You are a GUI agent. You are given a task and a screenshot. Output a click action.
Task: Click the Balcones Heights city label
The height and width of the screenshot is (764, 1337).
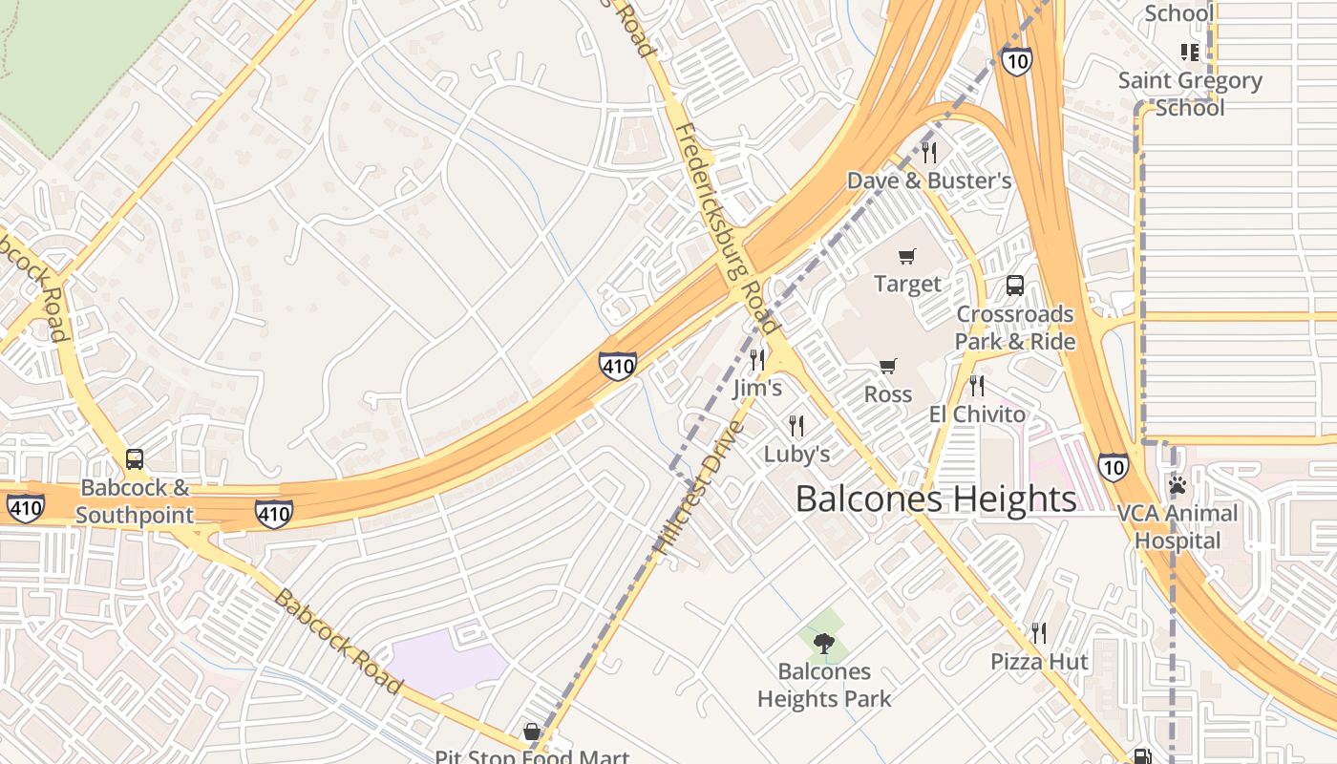(x=935, y=499)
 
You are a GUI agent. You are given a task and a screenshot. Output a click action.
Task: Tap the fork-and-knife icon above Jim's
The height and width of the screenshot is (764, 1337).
(x=757, y=360)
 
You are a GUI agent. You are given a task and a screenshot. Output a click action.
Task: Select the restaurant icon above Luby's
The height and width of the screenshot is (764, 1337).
(x=796, y=425)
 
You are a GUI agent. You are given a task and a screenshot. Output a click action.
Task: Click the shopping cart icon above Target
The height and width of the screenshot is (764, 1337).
(x=907, y=256)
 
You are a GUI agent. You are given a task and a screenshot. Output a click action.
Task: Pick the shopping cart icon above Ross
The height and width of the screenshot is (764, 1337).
(x=888, y=366)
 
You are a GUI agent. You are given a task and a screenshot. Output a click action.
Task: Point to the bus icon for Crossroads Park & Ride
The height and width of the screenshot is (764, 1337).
(x=1014, y=286)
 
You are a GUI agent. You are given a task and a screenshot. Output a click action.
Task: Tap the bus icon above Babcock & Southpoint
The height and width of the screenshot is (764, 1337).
(x=135, y=459)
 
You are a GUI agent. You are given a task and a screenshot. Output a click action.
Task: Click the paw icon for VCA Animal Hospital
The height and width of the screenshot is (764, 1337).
(x=1177, y=485)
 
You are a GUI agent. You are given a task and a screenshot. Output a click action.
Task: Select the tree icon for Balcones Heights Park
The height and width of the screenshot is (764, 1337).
(x=824, y=643)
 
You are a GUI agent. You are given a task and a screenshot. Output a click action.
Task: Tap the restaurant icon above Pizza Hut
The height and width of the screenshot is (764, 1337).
(x=1039, y=632)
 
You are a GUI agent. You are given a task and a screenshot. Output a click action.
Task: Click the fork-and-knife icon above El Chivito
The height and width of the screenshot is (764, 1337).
(x=977, y=386)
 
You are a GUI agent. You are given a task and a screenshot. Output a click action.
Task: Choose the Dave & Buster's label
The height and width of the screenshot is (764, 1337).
(x=929, y=180)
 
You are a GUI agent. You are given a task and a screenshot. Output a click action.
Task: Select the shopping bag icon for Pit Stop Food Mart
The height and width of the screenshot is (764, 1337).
(x=532, y=732)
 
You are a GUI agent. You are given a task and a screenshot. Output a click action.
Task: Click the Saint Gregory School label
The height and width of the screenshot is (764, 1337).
(x=1190, y=94)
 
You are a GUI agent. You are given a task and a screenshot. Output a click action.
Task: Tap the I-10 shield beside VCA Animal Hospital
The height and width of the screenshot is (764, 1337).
(x=1112, y=466)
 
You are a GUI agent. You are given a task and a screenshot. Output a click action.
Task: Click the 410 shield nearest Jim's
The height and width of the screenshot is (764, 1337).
(x=618, y=365)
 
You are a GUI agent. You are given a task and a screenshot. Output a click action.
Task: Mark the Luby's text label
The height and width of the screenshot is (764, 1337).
(x=796, y=454)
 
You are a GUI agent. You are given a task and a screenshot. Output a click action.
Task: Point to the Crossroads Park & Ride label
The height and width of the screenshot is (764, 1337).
(x=1015, y=328)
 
